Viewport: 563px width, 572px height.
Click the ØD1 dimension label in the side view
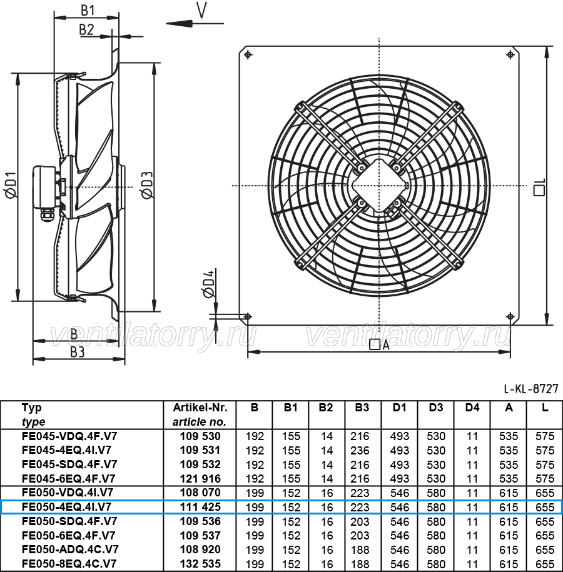tap(11, 185)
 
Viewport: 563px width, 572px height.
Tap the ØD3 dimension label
tap(147, 185)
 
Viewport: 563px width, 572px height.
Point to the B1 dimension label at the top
tap(88, 10)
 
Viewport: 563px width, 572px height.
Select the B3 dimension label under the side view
tap(78, 352)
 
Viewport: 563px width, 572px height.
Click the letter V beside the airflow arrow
tap(201, 10)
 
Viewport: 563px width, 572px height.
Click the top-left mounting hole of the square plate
tap(248, 55)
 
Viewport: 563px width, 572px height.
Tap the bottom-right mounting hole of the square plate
tap(510, 316)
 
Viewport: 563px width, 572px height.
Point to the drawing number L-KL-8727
tap(531, 388)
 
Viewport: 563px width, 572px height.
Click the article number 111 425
tap(200, 507)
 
